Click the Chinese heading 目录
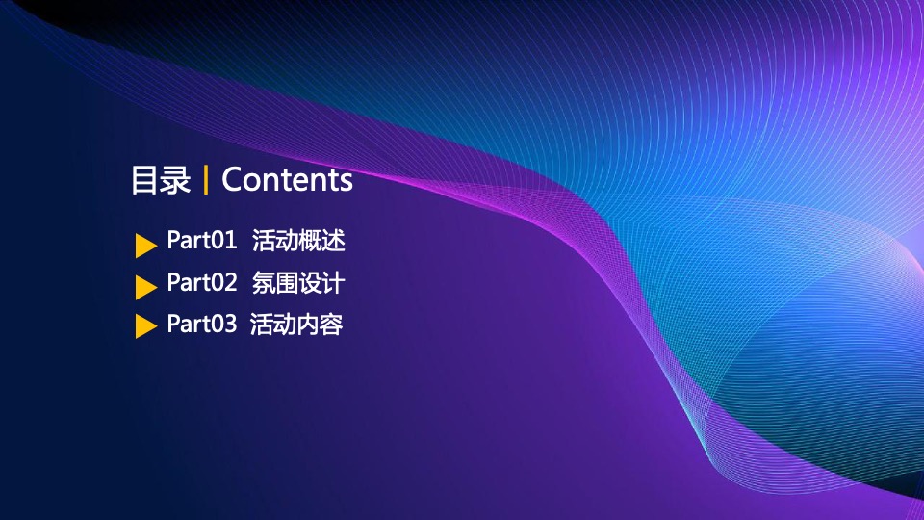[x=161, y=180]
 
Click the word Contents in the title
[x=287, y=179]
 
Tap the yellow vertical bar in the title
[x=206, y=180]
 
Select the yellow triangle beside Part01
[x=146, y=246]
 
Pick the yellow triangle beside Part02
[x=146, y=287]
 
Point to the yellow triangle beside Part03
[x=146, y=326]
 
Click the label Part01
[x=201, y=240]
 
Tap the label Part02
[x=201, y=282]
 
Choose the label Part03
[x=201, y=324]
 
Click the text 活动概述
[x=298, y=241]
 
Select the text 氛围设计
[x=298, y=283]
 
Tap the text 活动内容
[x=295, y=325]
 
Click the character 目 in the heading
[x=145, y=180]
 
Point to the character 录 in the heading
[x=176, y=180]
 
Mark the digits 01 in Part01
[x=224, y=241]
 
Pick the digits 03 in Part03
[x=224, y=325]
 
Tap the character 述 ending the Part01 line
[x=334, y=241]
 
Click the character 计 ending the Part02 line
[x=334, y=283]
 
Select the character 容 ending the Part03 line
[x=331, y=325]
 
